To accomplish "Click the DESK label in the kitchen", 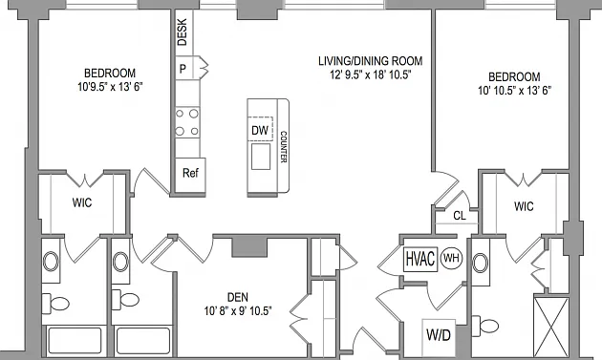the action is click(182, 32).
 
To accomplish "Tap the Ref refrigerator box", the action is click(190, 174).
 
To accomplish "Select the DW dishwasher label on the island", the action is click(260, 131).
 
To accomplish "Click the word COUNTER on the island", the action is click(284, 147).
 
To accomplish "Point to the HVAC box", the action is click(420, 259).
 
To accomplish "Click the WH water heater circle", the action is click(451, 258).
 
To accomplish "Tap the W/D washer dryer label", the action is click(439, 335).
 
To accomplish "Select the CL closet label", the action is click(460, 216).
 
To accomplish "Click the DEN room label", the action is click(238, 297).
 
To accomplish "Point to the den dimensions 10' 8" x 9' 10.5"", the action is click(238, 311).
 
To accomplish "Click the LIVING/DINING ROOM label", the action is click(371, 61).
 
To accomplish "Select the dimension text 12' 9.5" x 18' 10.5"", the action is click(371, 74).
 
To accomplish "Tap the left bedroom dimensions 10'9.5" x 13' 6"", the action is click(110, 87).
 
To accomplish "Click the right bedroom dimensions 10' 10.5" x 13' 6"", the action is click(514, 91).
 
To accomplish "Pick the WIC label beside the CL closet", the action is click(524, 206).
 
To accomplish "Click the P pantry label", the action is click(183, 69).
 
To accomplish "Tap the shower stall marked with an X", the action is click(551, 327).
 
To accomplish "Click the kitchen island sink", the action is click(261, 157).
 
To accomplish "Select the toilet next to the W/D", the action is click(484, 326).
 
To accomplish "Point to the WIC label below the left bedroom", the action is click(82, 202).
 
